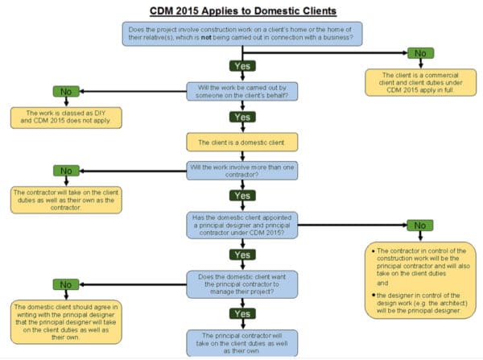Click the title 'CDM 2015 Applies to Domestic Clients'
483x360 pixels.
tap(242, 10)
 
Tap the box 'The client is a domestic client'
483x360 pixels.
tap(242, 142)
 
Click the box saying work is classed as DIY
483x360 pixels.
tap(66, 118)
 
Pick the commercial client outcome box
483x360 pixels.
tap(417, 82)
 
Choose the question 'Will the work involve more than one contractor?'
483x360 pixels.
tap(242, 172)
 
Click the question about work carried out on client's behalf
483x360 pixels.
tap(242, 90)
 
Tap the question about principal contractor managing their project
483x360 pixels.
tap(242, 283)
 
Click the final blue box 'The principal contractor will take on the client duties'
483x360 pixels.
tap(242, 341)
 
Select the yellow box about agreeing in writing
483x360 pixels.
tap(66, 321)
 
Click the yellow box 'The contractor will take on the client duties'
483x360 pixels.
tap(66, 199)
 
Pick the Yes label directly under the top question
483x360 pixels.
tap(242, 65)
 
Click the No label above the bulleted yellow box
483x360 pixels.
tap(419, 225)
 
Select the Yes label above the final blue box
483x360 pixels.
tap(242, 312)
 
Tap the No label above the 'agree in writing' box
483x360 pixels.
tap(66, 284)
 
